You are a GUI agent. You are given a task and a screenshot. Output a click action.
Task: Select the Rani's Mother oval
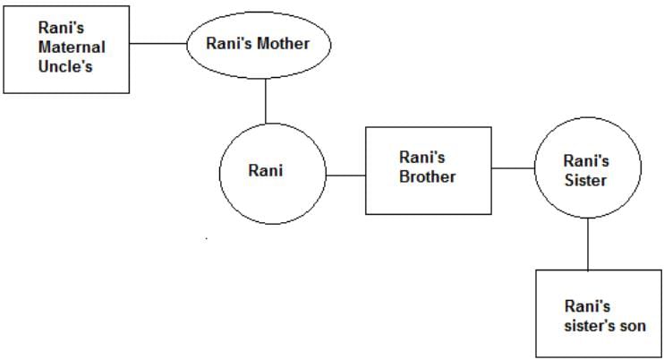click(258, 44)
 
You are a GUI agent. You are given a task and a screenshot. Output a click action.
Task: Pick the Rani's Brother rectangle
click(428, 170)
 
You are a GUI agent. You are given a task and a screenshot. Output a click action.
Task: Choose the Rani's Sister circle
click(587, 170)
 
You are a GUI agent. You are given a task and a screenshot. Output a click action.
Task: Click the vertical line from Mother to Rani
click(266, 99)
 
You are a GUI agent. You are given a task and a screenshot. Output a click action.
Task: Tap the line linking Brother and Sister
click(513, 168)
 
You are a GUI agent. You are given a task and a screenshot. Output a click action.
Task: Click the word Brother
click(428, 176)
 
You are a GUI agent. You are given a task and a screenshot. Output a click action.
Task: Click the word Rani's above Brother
click(422, 157)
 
